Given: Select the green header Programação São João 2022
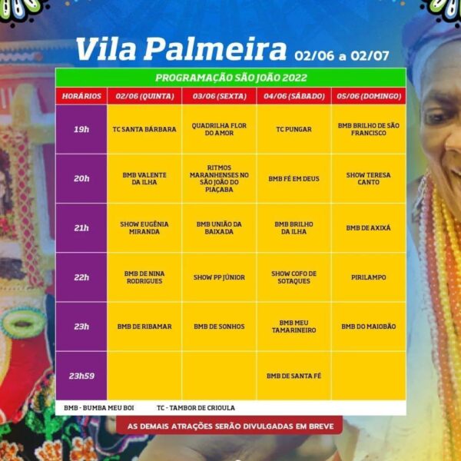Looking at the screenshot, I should pyautogui.click(x=230, y=78).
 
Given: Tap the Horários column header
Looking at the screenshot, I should pyautogui.click(x=81, y=97).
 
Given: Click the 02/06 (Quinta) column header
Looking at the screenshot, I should pyautogui.click(x=144, y=97).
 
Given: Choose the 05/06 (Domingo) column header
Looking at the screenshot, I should pyautogui.click(x=368, y=97).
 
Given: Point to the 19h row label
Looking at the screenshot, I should pyautogui.click(x=81, y=129).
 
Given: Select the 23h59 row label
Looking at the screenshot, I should pyautogui.click(x=81, y=376).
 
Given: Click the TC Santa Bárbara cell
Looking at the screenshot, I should pyautogui.click(x=144, y=129).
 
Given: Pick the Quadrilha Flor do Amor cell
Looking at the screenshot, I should pyautogui.click(x=219, y=129).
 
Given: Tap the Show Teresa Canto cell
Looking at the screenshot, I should pyautogui.click(x=368, y=178).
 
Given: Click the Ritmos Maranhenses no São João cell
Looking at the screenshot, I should pyautogui.click(x=219, y=178).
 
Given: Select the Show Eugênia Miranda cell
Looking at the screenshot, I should pyautogui.click(x=144, y=227).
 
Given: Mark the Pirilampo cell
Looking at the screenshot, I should pyautogui.click(x=368, y=277).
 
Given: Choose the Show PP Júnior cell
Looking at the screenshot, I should pyautogui.click(x=219, y=277).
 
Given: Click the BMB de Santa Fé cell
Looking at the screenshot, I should pyautogui.click(x=294, y=376).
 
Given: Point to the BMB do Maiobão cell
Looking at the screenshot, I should pyautogui.click(x=368, y=327).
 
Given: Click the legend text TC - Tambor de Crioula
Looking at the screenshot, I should pyautogui.click(x=195, y=407).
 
